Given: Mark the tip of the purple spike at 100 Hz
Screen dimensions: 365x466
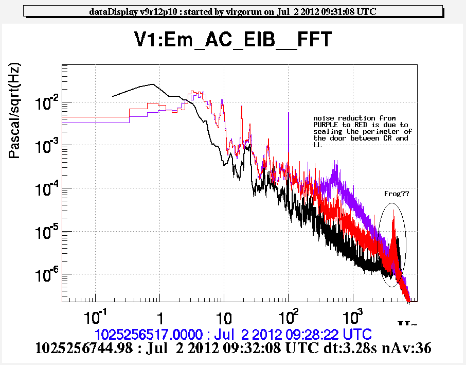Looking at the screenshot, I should [x=288, y=113].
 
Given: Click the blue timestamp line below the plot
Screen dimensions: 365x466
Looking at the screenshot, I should [x=232, y=332].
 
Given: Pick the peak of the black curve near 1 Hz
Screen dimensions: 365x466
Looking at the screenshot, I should [x=152, y=84].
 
